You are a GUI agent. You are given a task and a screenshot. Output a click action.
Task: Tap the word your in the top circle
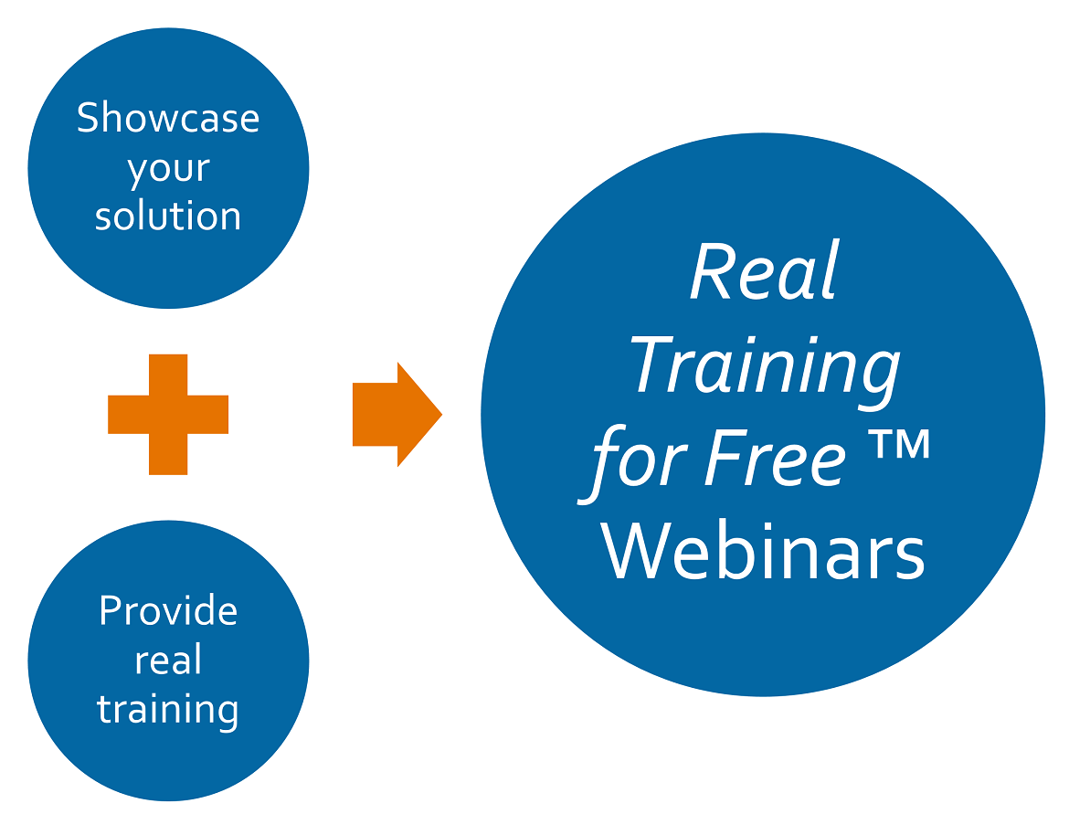168,169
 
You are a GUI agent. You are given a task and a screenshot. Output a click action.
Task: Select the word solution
168,216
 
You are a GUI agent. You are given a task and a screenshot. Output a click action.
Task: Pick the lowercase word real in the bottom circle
168,659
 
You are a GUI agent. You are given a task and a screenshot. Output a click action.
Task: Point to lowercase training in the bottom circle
168,710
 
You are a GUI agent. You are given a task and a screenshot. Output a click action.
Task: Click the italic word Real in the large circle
764,270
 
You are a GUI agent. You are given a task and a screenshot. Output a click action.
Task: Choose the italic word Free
775,458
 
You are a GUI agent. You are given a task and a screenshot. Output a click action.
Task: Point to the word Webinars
762,551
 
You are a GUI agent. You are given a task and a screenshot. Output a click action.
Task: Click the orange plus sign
168,415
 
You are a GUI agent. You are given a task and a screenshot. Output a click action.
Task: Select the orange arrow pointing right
397,415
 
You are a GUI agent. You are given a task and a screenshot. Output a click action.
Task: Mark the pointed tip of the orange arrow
442,415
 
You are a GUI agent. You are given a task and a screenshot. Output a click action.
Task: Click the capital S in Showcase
88,117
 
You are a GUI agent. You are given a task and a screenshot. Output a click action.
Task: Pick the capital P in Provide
111,610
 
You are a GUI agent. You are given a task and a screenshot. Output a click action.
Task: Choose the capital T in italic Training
653,364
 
